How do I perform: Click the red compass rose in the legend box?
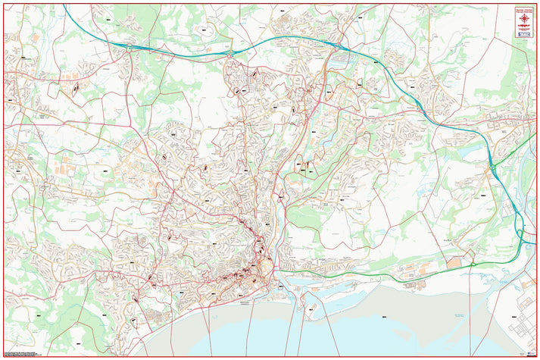pyautogui.click(x=523, y=14)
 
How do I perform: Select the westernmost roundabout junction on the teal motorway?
pyautogui.click(x=130, y=46)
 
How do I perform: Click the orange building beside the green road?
pyautogui.click(x=454, y=262)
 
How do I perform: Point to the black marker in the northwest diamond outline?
pyautogui.click(x=76, y=89)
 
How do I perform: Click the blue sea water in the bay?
pyautogui.click(x=303, y=337)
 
